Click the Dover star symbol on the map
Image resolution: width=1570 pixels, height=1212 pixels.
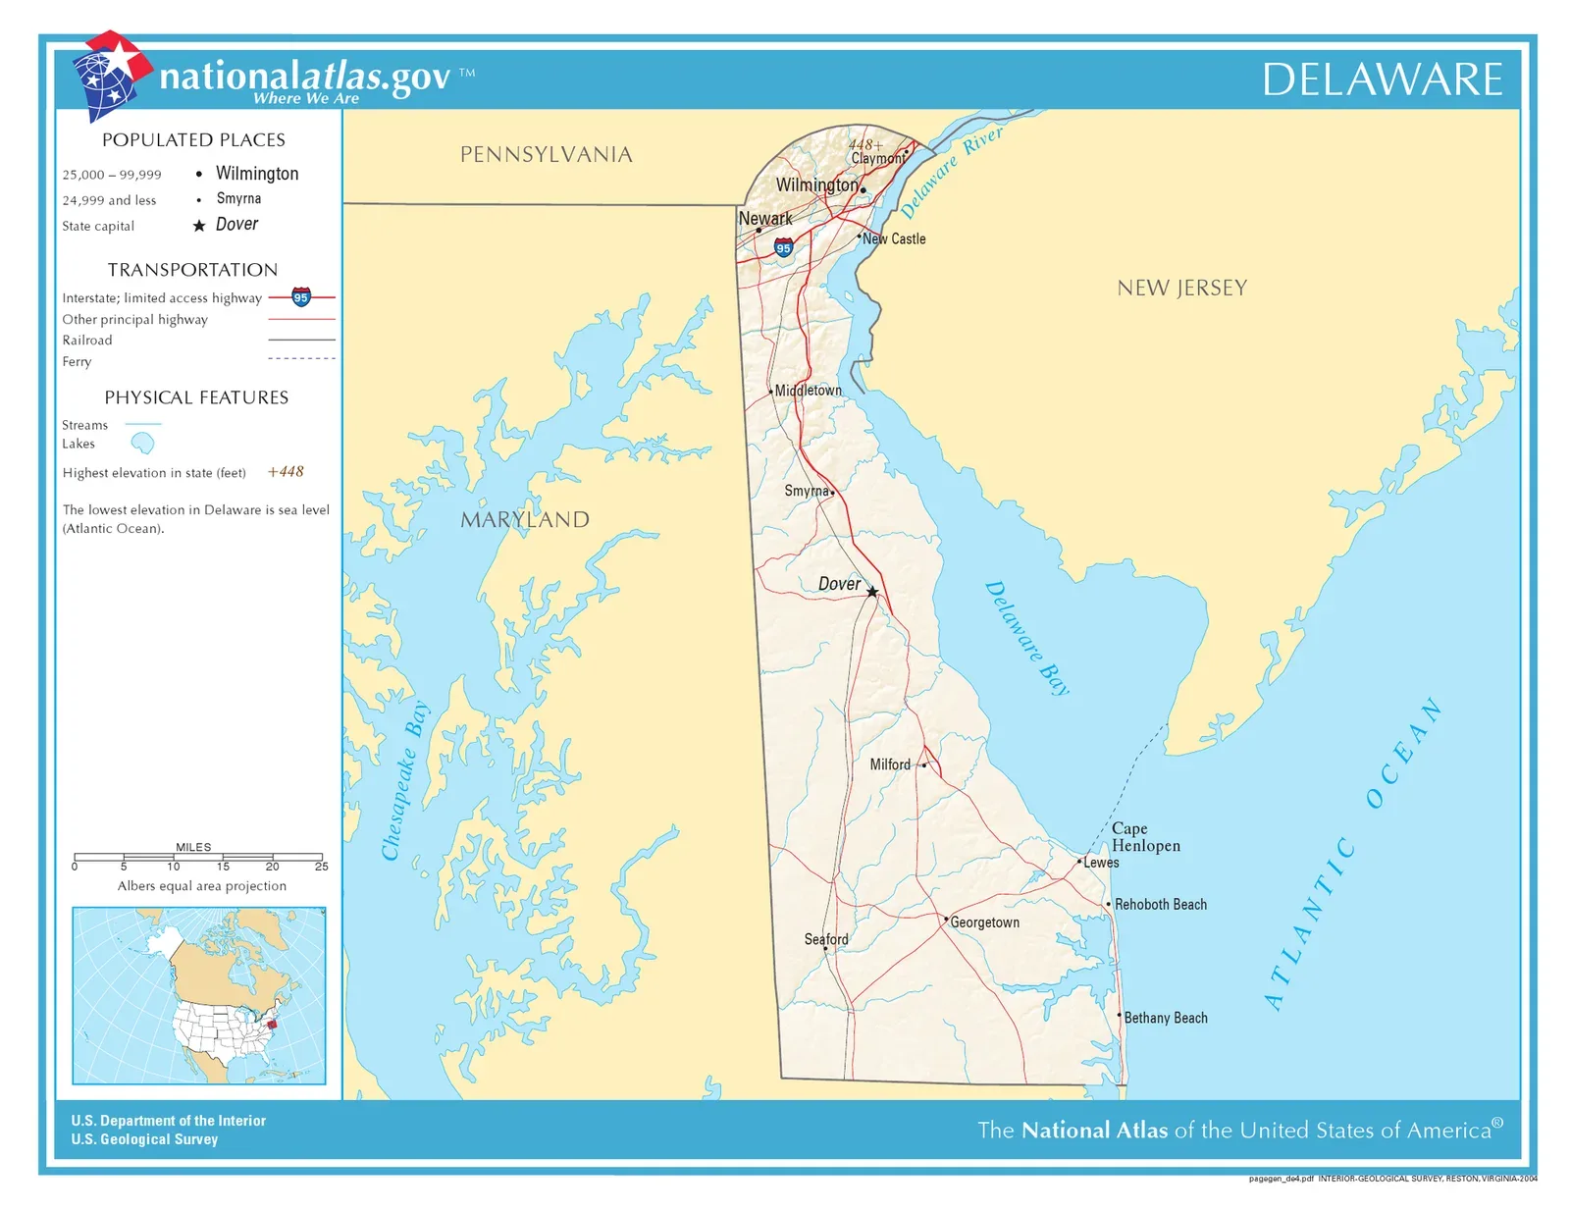(x=872, y=592)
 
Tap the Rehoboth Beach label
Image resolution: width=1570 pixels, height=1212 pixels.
(x=1161, y=905)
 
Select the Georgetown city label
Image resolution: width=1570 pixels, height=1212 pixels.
(x=984, y=922)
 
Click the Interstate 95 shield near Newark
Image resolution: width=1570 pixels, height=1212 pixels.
(x=783, y=247)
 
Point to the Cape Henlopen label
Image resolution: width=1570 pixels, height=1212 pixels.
(x=1145, y=837)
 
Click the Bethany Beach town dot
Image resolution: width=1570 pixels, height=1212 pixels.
(x=1120, y=1015)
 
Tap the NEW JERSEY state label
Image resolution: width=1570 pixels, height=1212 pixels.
(x=1181, y=289)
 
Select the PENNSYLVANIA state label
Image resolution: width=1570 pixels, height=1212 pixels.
(x=546, y=155)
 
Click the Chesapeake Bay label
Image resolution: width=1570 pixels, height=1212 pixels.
(x=404, y=781)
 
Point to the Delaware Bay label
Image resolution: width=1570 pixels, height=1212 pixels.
(x=1026, y=638)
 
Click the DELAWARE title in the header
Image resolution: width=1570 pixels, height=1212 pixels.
(x=1382, y=79)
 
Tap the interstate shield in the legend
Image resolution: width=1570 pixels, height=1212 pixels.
(x=301, y=297)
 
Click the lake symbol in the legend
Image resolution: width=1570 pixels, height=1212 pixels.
(x=143, y=444)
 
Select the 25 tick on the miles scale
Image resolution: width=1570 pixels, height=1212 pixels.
(x=321, y=866)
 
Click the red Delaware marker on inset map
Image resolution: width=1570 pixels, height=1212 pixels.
(x=273, y=1024)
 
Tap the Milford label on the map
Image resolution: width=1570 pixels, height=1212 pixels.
(x=890, y=764)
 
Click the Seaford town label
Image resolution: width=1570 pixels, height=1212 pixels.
(x=826, y=939)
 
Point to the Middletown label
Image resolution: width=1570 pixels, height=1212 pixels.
(x=808, y=391)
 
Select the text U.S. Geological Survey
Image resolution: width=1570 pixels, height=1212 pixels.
(x=144, y=1139)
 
